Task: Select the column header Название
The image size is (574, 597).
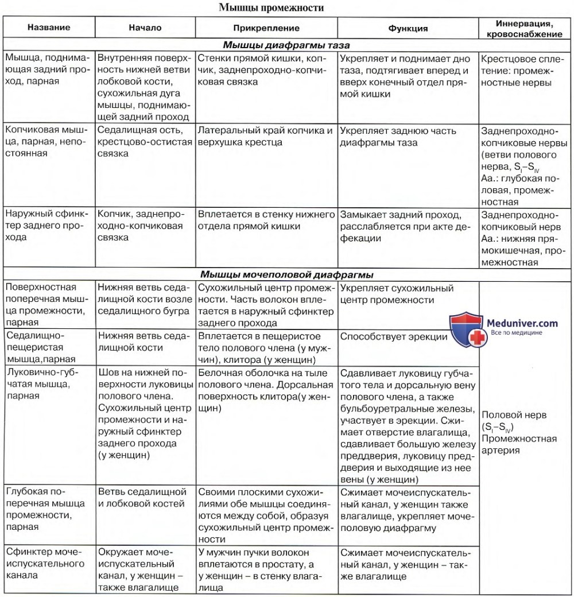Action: click(x=49, y=28)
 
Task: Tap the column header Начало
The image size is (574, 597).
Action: click(x=145, y=28)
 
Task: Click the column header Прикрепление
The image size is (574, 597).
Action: click(x=266, y=28)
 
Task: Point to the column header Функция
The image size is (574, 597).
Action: click(x=408, y=28)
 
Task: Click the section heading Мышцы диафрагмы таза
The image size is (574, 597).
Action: click(x=286, y=45)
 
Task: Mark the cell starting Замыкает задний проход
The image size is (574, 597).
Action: click(x=405, y=226)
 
